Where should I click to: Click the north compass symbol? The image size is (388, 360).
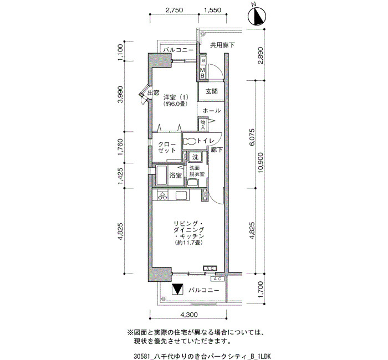(257, 17)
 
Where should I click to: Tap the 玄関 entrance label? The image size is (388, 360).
(212, 91)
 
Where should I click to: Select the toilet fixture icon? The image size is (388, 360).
(190, 141)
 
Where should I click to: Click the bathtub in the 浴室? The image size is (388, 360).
(162, 176)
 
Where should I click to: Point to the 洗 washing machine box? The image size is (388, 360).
(196, 157)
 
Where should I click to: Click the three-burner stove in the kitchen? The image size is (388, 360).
(162, 196)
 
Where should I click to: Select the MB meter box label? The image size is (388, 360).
(203, 73)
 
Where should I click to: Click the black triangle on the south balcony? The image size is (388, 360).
(177, 289)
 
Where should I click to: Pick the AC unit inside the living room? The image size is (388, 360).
(210, 268)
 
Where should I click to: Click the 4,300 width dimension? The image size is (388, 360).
(189, 315)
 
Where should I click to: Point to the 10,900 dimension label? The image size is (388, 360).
(260, 162)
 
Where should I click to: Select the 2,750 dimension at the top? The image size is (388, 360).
(174, 10)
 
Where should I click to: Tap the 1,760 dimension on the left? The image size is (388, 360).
(120, 147)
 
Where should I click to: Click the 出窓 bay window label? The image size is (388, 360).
(154, 93)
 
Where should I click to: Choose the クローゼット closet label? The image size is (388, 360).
(167, 147)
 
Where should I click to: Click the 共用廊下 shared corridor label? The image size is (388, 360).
(222, 45)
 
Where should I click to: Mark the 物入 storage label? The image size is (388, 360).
(203, 125)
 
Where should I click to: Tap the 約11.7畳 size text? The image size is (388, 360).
(189, 243)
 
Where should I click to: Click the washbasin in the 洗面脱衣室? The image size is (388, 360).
(192, 183)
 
